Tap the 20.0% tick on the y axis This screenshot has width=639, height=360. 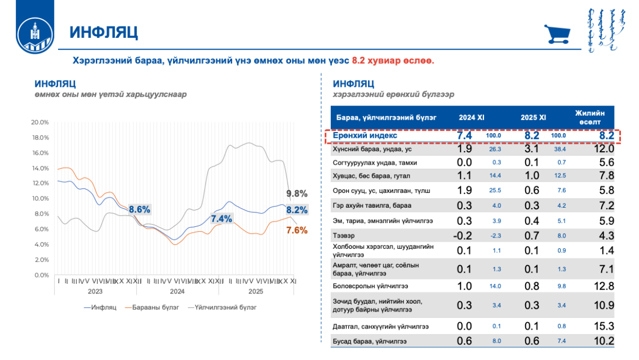(x=40, y=122)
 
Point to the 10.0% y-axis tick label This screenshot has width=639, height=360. (x=40, y=199)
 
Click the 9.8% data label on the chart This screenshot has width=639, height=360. (x=297, y=193)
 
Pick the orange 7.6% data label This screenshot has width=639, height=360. (x=297, y=231)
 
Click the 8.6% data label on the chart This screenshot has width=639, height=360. (x=140, y=209)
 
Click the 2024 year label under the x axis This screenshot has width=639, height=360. (x=177, y=291)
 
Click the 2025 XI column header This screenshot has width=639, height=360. (x=533, y=117)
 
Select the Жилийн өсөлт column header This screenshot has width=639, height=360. (x=590, y=117)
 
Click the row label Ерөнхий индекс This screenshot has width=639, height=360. (x=365, y=136)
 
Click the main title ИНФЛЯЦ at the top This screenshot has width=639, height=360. (x=104, y=32)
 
